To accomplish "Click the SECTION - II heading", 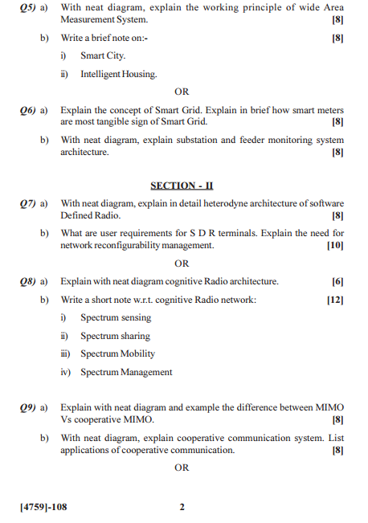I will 182,185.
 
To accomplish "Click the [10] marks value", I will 335,245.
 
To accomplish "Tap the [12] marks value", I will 335,300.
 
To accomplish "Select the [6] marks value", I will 337,282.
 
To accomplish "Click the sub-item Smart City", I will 103,56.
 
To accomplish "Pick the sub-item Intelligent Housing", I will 118,74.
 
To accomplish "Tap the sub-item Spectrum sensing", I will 115,318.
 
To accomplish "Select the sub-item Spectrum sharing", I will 115,336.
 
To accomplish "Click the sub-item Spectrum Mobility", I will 117,353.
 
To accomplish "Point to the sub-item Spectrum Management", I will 126,372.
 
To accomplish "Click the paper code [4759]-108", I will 43,507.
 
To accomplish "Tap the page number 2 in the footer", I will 182,507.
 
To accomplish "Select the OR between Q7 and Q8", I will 182,263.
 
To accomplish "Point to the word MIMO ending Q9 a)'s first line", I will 329,407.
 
